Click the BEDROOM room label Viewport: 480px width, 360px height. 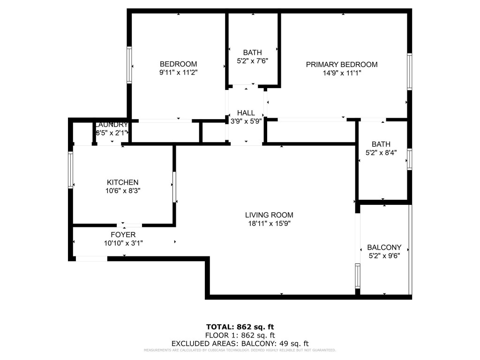(178, 64)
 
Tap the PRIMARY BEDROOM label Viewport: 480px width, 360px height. (341, 65)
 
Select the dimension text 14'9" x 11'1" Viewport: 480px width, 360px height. (341, 73)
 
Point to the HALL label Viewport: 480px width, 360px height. (246, 113)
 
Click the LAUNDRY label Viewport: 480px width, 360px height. (111, 125)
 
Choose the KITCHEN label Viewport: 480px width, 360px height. (123, 182)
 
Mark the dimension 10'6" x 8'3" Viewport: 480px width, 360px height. (123, 191)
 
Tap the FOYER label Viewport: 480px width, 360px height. (123, 235)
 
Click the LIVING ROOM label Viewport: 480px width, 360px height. (269, 215)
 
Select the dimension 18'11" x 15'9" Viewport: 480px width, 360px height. (269, 224)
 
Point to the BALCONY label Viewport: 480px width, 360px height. (384, 247)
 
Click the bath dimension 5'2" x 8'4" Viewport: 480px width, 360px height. (381, 153)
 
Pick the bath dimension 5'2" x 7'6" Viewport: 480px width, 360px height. (252, 60)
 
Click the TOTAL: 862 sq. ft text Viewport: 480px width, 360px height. (240, 327)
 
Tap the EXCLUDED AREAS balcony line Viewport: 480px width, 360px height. (240, 344)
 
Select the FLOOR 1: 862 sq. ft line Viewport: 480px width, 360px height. (240, 335)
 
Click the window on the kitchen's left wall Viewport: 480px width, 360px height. (71, 170)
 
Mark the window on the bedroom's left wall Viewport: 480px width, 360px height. (129, 65)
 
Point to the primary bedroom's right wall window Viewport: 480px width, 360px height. (409, 72)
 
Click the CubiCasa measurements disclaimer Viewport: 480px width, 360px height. (240, 350)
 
